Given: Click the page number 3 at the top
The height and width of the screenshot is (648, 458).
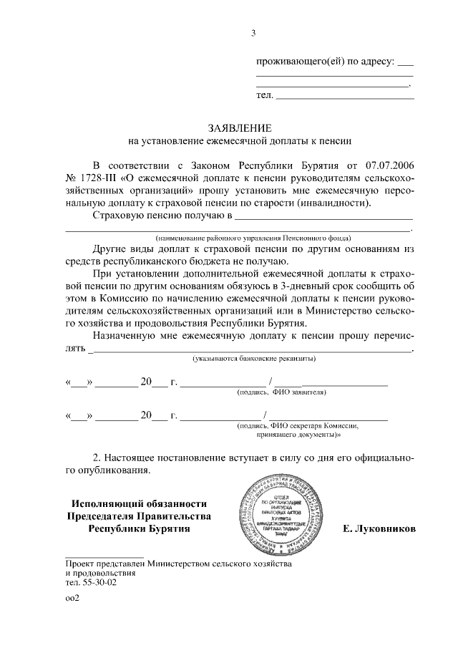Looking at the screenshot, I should (x=253, y=32).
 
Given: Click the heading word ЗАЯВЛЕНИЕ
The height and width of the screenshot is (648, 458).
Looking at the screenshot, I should (x=239, y=127).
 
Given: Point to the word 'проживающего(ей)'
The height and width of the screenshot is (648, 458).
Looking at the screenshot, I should (x=301, y=62).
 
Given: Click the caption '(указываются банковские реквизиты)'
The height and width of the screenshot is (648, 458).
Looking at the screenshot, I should (x=253, y=358).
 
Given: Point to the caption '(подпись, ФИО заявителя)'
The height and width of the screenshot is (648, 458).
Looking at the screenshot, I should (x=281, y=392).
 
